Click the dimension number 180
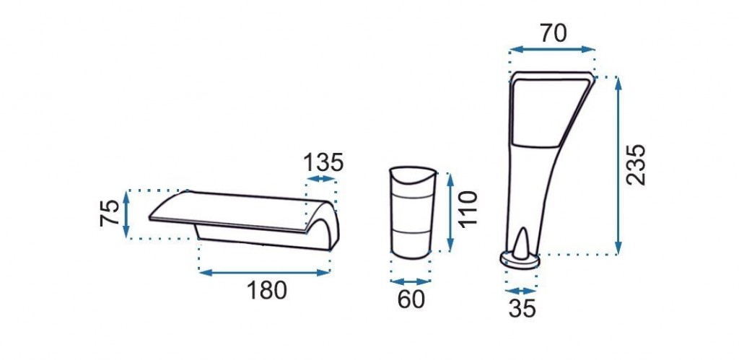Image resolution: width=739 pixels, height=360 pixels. pyautogui.click(x=267, y=291)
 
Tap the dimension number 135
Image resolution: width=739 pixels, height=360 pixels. pyautogui.click(x=323, y=163)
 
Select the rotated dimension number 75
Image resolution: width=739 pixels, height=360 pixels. pyautogui.click(x=110, y=213)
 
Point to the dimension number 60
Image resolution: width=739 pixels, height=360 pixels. pyautogui.click(x=411, y=299)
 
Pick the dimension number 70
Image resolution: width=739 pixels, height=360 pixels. pyautogui.click(x=554, y=33)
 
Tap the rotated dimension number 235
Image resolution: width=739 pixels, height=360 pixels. pyautogui.click(x=636, y=165)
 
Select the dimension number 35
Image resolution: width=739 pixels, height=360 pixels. pyautogui.click(x=522, y=309)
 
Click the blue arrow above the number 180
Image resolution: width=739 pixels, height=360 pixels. pyautogui.click(x=264, y=273)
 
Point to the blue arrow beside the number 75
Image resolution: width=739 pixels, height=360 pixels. pyautogui.click(x=126, y=214)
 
